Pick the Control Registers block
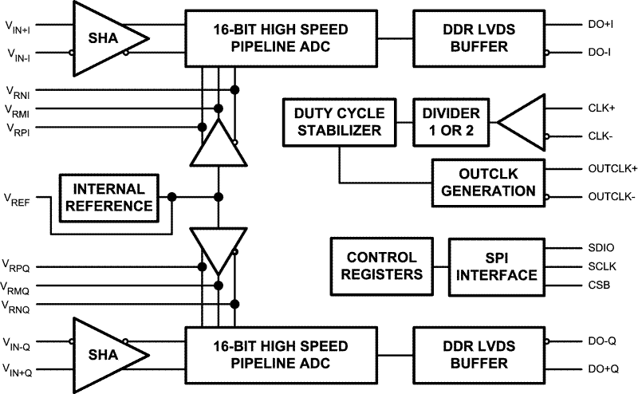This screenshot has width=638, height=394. pyautogui.click(x=381, y=266)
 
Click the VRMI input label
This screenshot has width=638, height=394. pyautogui.click(x=18, y=109)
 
